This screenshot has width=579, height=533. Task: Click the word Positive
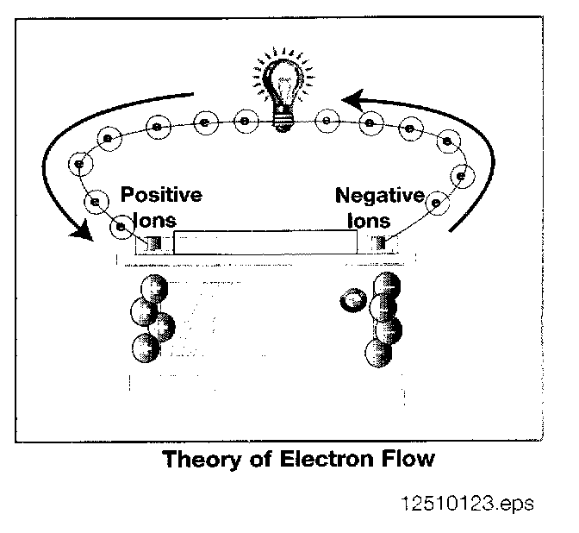point(161,194)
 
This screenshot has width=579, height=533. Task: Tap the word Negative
point(380,195)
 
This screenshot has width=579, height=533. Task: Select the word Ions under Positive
point(156,220)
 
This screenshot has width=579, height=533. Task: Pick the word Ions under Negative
point(369,220)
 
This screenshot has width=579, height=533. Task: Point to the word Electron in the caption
point(322,459)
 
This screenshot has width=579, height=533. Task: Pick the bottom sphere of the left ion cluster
point(147,347)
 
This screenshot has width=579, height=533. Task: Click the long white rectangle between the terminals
point(265,242)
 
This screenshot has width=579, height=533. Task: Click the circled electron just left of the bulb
point(244,122)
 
